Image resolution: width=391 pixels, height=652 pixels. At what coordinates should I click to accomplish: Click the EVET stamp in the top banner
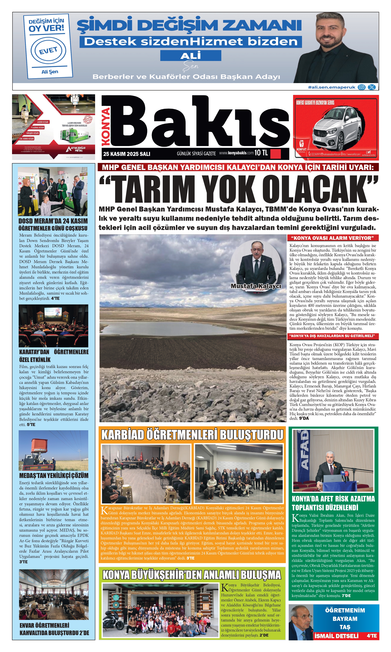pyautogui.click(x=48, y=50)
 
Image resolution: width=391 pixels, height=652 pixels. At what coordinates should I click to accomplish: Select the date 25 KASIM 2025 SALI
pyautogui.click(x=127, y=154)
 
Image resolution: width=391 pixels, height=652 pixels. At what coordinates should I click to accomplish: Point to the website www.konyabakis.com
pyautogui.click(x=236, y=153)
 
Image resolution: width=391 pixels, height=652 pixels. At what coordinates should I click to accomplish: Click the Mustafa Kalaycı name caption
pyautogui.click(x=256, y=286)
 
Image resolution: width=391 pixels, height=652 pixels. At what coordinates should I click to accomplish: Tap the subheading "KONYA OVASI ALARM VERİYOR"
pyautogui.click(x=332, y=238)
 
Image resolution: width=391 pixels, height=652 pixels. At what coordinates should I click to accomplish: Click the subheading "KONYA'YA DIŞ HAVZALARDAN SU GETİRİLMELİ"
pyautogui.click(x=332, y=336)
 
